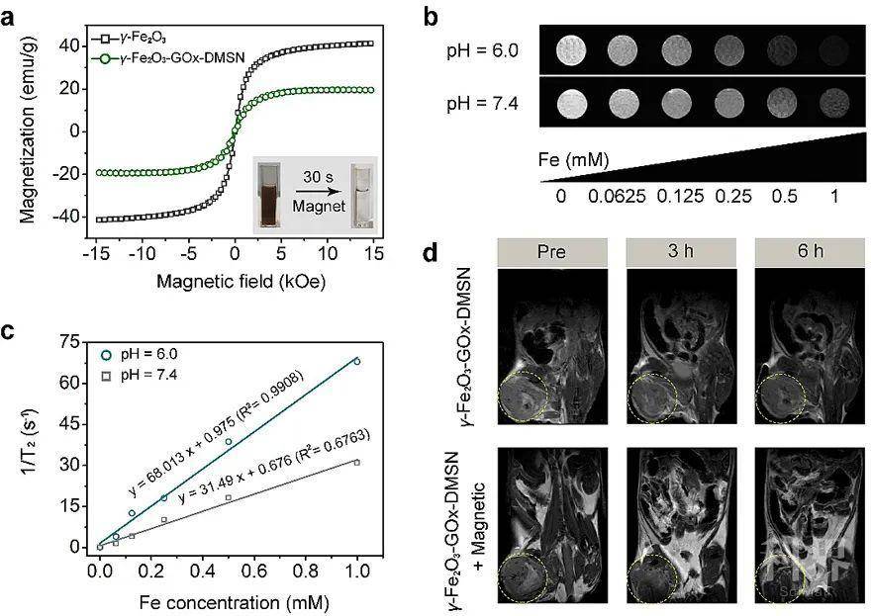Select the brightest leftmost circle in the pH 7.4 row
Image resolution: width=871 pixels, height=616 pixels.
567,103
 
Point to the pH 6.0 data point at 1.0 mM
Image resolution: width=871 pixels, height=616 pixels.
356,362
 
